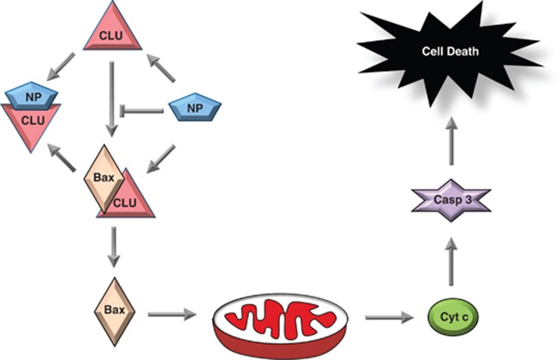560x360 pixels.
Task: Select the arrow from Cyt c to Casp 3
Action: [x=451, y=257]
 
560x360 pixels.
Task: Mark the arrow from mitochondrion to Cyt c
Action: [x=389, y=317]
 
